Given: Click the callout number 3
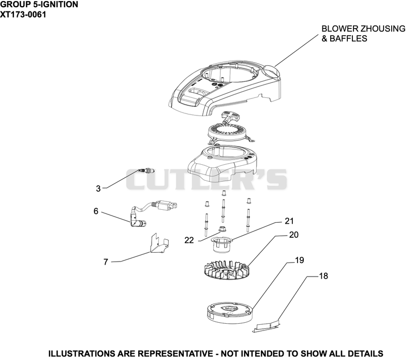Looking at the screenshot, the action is click(98, 189).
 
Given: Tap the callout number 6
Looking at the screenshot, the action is click(96, 211).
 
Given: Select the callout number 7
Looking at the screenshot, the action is click(106, 262).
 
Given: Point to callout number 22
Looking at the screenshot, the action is click(189, 240).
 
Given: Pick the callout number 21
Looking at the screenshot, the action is click(289, 221).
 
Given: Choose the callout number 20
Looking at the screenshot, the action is click(293, 235).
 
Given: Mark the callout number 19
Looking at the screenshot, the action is click(300, 261).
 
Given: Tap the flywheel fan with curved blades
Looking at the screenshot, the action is click(227, 270).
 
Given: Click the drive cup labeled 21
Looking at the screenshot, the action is click(221, 244).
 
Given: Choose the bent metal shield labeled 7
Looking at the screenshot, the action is click(159, 243).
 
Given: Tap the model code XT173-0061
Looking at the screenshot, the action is click(23, 15).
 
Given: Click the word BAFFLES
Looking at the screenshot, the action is click(348, 39).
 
